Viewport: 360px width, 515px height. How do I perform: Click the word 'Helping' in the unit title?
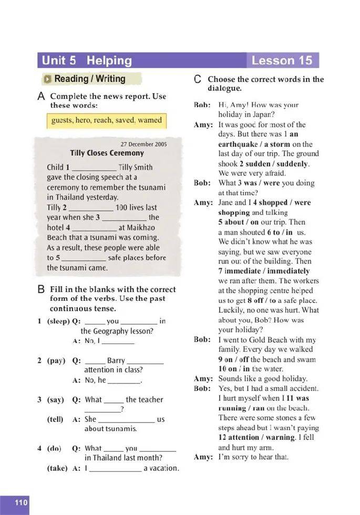(109, 60)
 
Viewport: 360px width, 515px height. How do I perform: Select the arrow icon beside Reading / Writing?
(48, 79)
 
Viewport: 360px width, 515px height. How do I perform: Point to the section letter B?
(41, 289)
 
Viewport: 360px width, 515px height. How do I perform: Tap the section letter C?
(198, 79)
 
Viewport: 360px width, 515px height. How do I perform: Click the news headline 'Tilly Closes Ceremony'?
(107, 153)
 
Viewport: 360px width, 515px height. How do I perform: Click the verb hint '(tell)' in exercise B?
(55, 419)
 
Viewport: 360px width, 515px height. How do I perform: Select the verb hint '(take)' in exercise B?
(55, 468)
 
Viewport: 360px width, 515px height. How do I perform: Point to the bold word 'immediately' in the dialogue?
(286, 271)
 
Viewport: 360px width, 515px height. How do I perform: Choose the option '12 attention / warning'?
(256, 438)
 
